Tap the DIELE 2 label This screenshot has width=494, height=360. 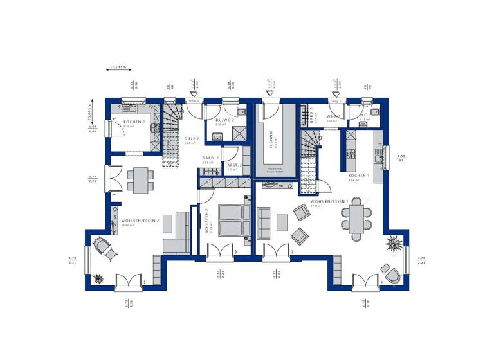(191, 138)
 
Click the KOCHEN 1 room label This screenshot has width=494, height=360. (358, 175)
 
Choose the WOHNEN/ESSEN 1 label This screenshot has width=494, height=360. (329, 201)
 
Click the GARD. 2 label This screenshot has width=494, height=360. (211, 158)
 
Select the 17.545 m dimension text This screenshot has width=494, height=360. (118, 66)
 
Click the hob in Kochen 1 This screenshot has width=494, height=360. (352, 153)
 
